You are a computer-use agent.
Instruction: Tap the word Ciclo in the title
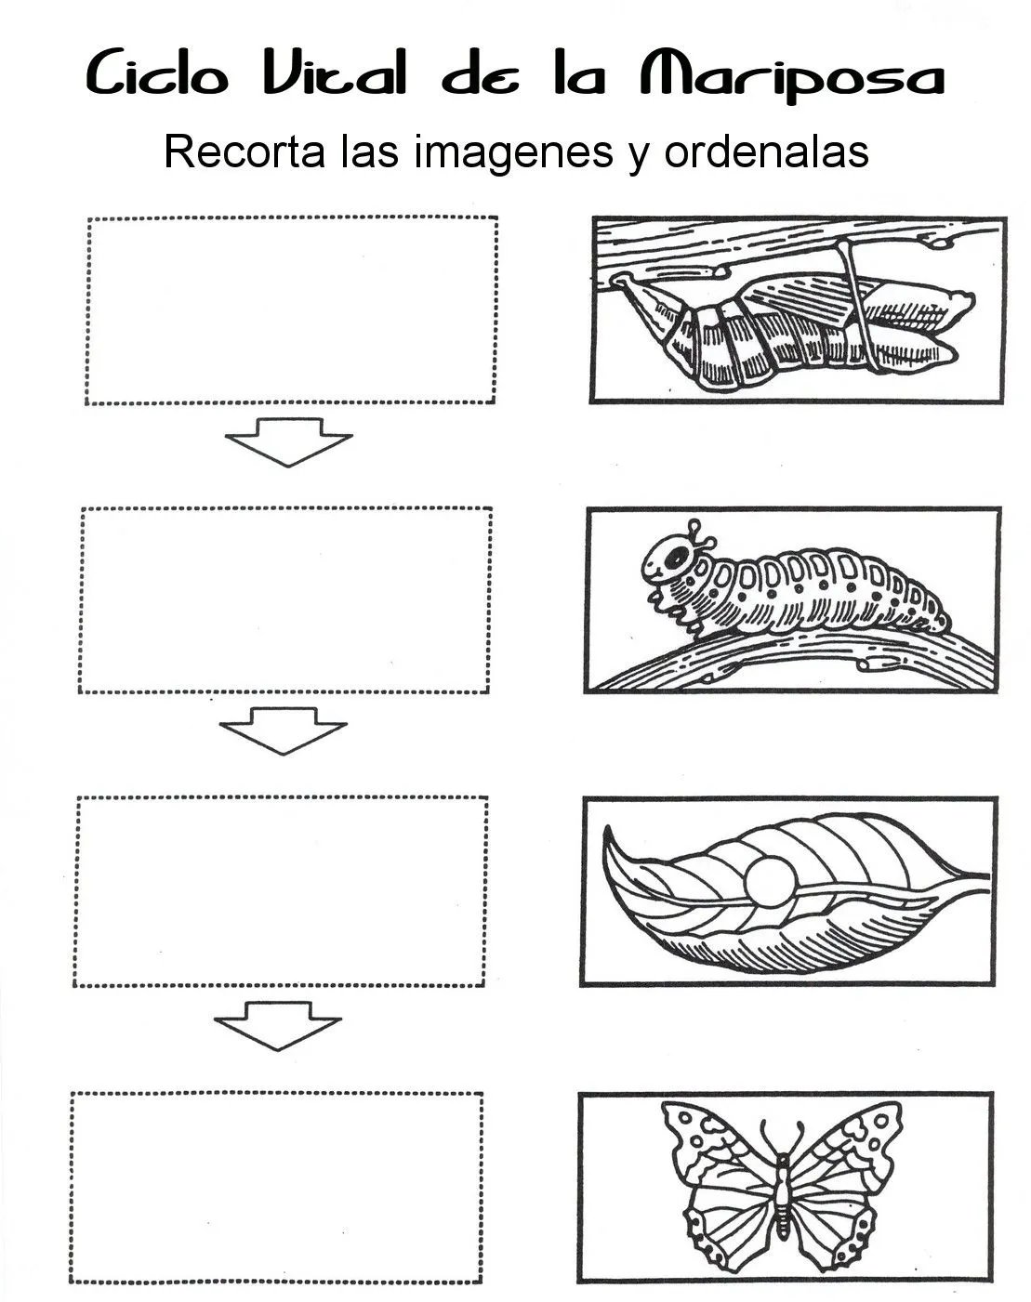click(x=157, y=73)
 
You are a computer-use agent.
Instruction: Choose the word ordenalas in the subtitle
click(x=766, y=151)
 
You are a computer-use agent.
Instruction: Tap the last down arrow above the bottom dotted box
click(x=277, y=1024)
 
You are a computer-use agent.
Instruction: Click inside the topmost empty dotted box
click(x=291, y=310)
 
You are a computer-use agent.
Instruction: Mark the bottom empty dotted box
click(x=277, y=1188)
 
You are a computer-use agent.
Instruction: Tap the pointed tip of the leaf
click(x=609, y=833)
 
